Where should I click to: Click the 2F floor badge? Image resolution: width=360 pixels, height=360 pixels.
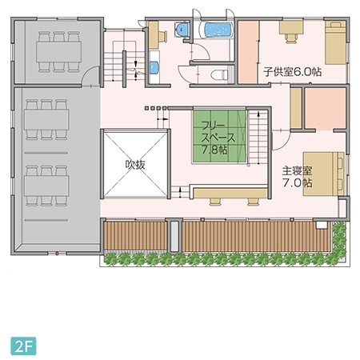[23, 346]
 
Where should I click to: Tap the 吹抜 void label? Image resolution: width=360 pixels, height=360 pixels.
[135, 165]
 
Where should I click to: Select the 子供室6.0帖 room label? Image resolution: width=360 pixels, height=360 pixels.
[292, 72]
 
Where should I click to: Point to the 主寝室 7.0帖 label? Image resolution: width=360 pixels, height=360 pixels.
[298, 177]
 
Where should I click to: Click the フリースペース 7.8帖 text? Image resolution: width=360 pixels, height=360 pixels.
[218, 138]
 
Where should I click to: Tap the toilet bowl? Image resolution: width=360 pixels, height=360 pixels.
[220, 75]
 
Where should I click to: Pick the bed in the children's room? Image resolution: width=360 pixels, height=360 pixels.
[335, 42]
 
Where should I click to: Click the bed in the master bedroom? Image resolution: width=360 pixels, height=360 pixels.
[324, 174]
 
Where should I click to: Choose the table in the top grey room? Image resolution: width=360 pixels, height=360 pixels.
[59, 51]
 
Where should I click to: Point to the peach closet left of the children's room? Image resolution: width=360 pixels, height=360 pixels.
[248, 52]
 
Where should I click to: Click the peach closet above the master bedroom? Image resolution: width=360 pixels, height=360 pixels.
[326, 109]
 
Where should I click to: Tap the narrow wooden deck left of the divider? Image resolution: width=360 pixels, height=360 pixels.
[135, 236]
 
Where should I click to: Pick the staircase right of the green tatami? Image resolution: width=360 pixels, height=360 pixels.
[258, 138]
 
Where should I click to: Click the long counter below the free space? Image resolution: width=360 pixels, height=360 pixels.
[230, 193]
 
